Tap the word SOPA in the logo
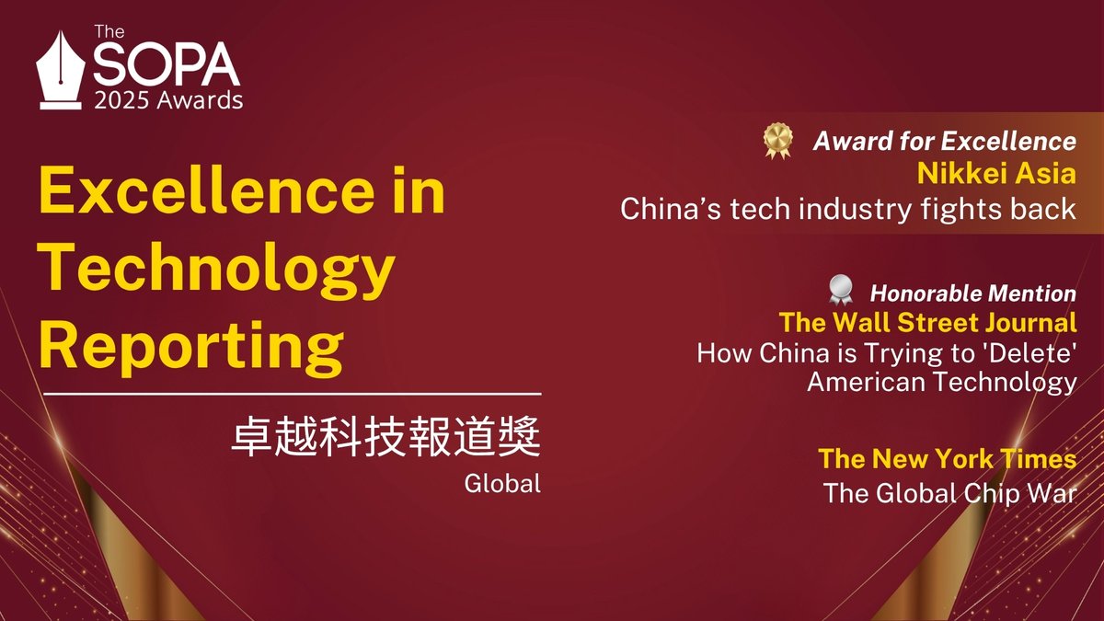(x=166, y=66)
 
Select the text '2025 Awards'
(x=168, y=100)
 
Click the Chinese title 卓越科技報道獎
(x=385, y=439)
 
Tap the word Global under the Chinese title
(x=503, y=482)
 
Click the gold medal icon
(x=777, y=140)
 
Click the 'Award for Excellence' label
(x=944, y=141)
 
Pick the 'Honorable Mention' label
(x=972, y=293)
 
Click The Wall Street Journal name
(x=927, y=323)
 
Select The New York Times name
(x=947, y=458)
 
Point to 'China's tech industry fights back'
(x=847, y=209)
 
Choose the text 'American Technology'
(x=941, y=381)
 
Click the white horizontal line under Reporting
(x=293, y=396)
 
